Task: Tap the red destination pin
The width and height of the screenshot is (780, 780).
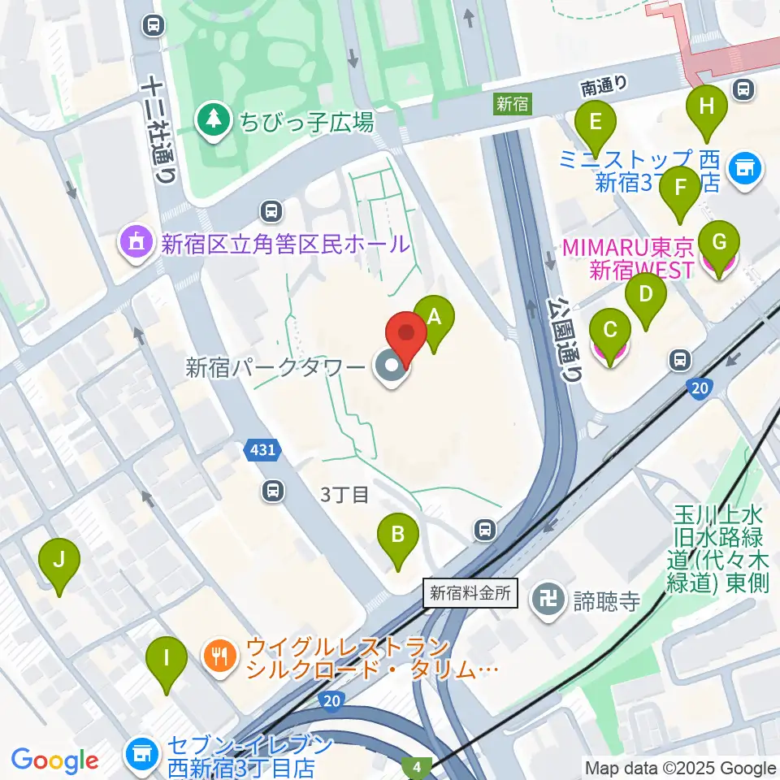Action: pos(405,336)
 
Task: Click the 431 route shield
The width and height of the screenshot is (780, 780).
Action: pos(262,449)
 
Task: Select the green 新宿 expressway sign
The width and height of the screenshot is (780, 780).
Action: pos(513,103)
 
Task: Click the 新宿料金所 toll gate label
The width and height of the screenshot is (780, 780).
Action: pos(471,593)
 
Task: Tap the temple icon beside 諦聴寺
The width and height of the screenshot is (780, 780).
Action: pos(541,600)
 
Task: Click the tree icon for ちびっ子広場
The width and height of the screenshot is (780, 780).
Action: pos(213,122)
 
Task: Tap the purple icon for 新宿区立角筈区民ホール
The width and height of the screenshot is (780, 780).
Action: pos(134,241)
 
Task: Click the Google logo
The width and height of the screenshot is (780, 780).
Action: pos(54,760)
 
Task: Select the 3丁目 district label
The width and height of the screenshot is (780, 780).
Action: pos(344,494)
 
